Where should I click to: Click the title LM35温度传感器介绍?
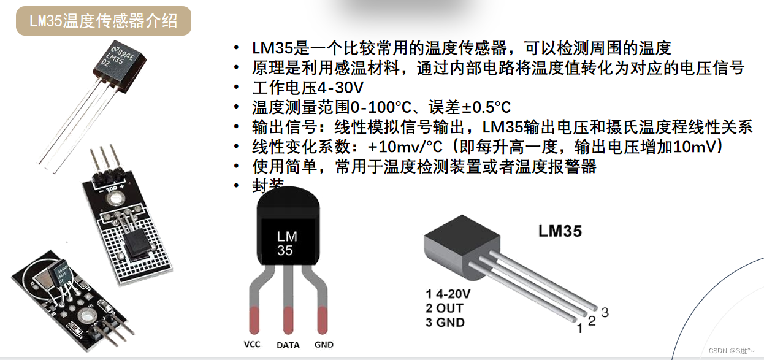pyautogui.click(x=104, y=21)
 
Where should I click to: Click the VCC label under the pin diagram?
pyautogui.click(x=251, y=344)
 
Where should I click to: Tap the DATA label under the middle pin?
pyautogui.click(x=288, y=345)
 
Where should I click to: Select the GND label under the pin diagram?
pyautogui.click(x=323, y=344)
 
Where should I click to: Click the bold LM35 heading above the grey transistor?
pyautogui.click(x=560, y=231)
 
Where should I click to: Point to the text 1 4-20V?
pyautogui.click(x=448, y=294)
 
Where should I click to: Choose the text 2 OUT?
pyautogui.click(x=445, y=308)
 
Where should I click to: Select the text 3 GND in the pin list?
pyautogui.click(x=445, y=322)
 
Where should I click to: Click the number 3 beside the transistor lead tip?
pyautogui.click(x=605, y=312)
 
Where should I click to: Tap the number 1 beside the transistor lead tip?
pyautogui.click(x=579, y=329)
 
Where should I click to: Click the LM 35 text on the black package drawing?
pyautogui.click(x=286, y=243)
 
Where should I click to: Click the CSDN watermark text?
pyautogui.click(x=732, y=350)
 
